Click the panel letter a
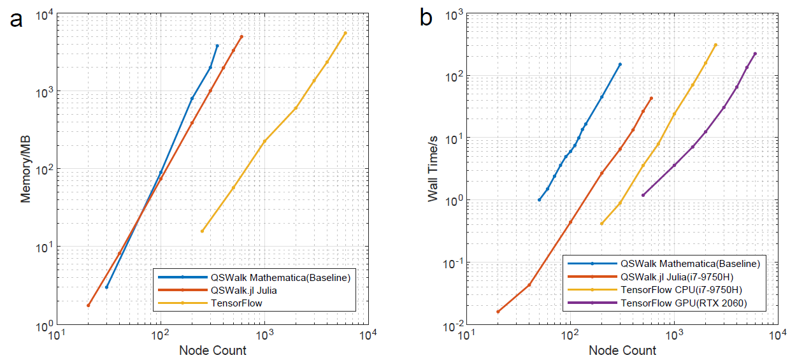point(17,19)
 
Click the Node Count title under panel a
point(212,350)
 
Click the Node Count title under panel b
point(622,350)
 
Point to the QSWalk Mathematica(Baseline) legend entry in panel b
point(690,263)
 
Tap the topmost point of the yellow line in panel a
point(345,33)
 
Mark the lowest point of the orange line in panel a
point(89,306)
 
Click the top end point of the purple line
point(755,54)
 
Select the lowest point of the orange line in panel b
point(498,312)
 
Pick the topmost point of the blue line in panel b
point(620,64)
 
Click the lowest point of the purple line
point(643,195)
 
